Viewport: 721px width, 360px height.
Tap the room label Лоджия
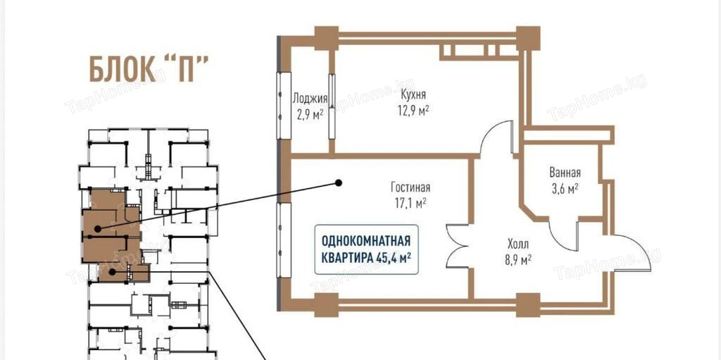coord(311,98)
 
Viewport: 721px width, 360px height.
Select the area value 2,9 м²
coord(310,115)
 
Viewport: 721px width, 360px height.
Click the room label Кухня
coord(413,94)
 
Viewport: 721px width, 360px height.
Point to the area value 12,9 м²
coord(414,111)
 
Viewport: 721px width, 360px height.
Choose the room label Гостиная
coord(410,187)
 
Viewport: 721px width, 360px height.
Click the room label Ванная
coord(565,173)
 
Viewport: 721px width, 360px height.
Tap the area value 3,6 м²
coord(564,190)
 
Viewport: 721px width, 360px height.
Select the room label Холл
coord(518,244)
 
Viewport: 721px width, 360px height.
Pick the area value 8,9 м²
coord(518,260)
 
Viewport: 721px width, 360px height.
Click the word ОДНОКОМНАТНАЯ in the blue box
coord(365,241)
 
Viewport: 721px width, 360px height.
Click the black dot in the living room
coord(339,183)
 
